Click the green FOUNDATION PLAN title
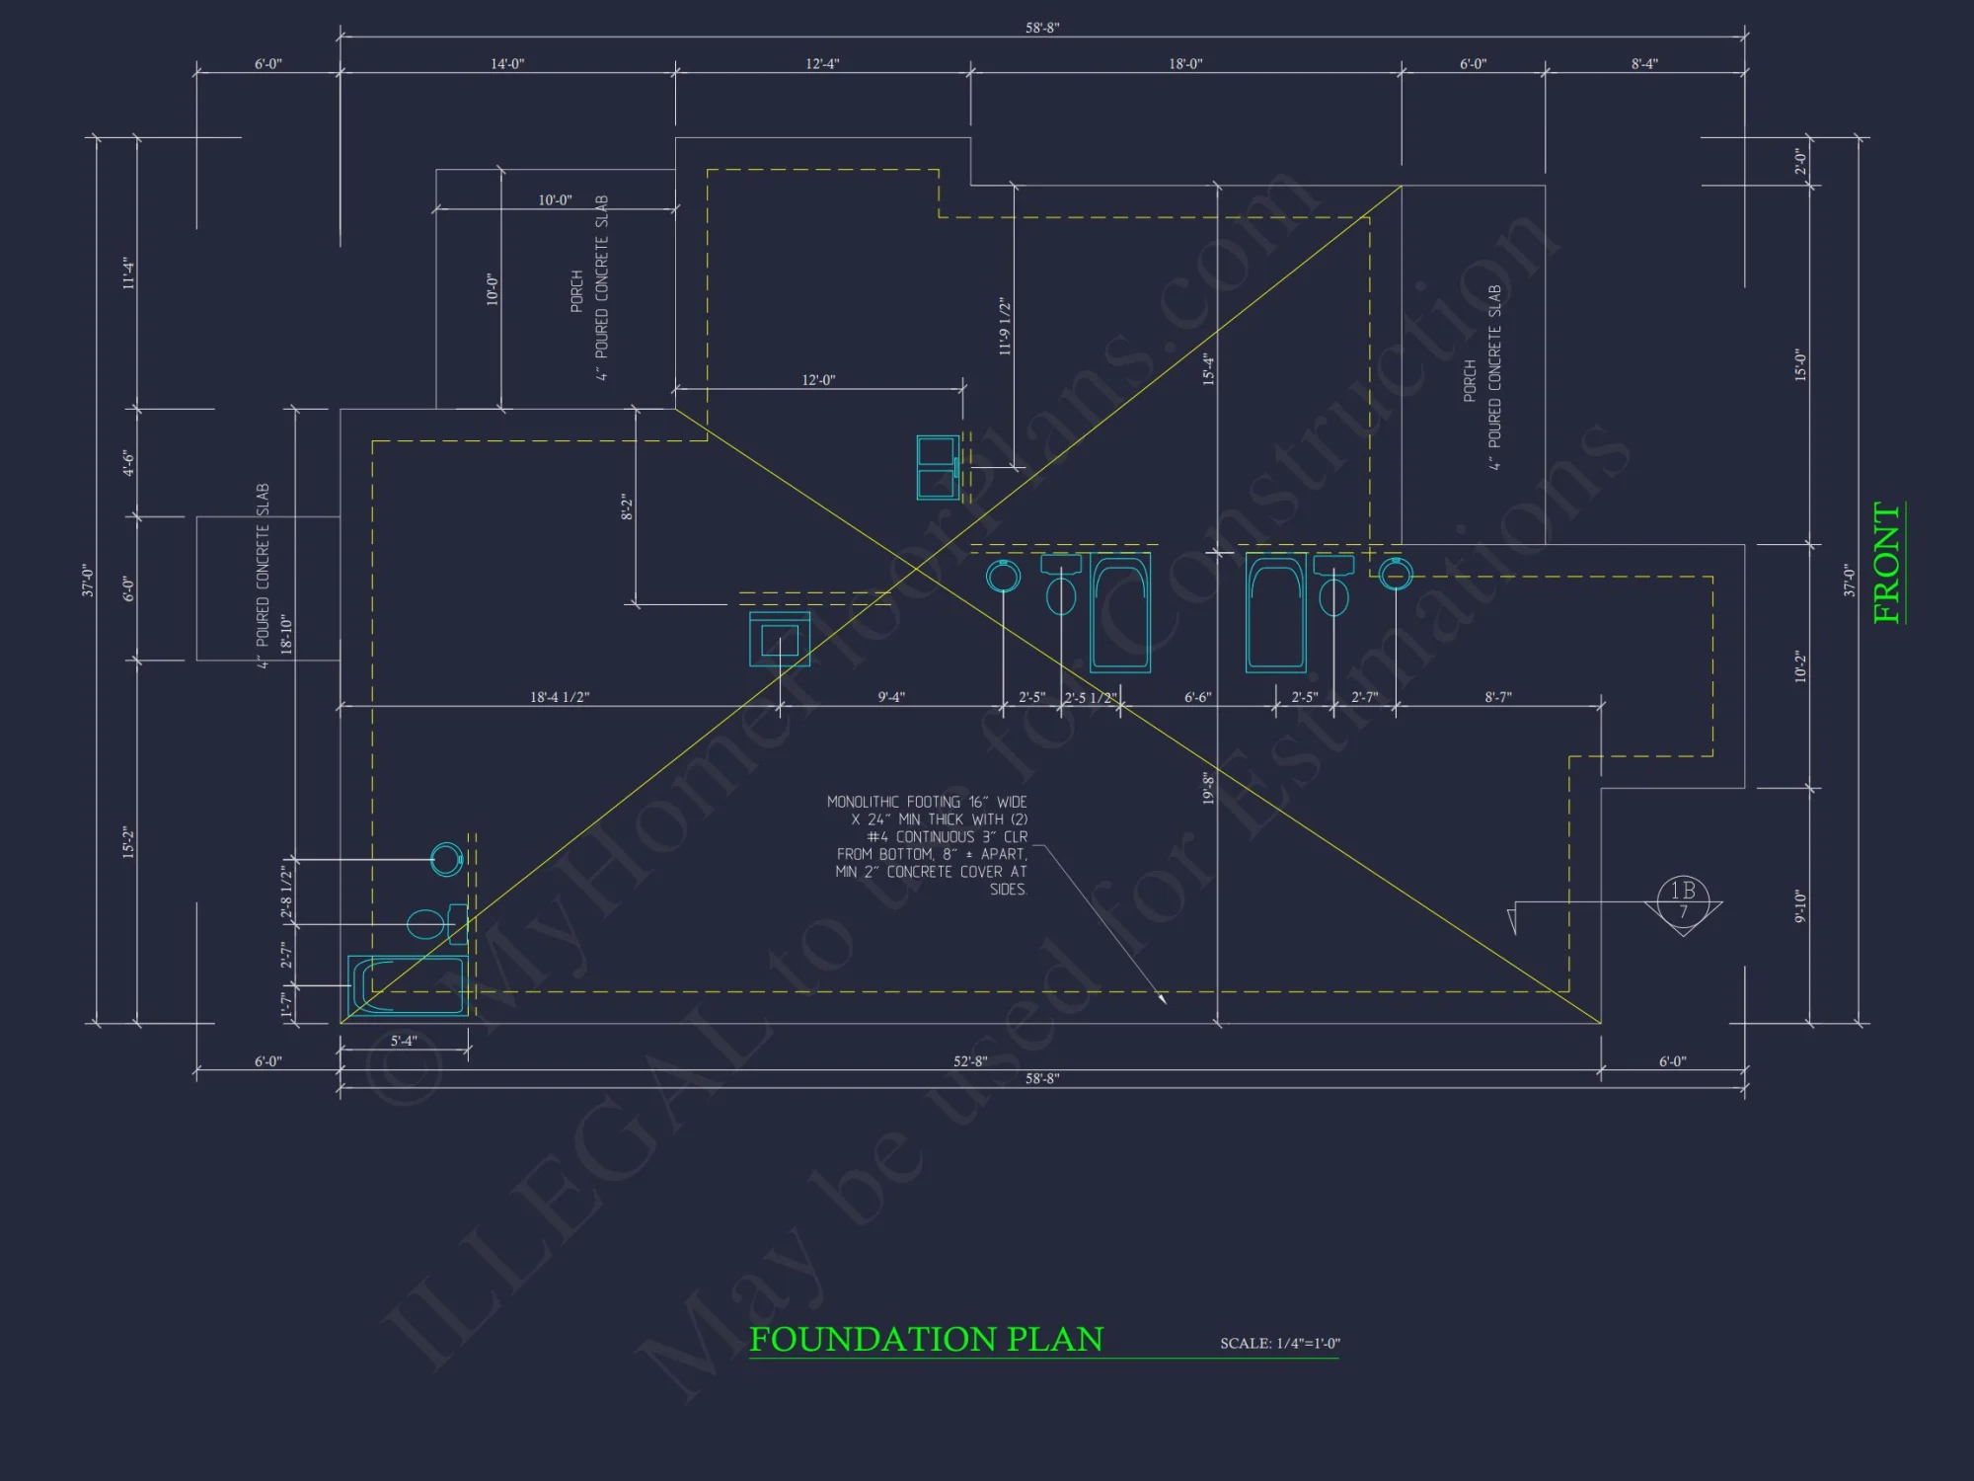926,1339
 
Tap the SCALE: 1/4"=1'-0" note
1279,1343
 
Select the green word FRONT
1886,563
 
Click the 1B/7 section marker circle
1683,900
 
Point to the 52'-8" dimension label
969,1061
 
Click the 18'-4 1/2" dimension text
560,697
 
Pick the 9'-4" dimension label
891,697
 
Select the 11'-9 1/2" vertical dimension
1005,326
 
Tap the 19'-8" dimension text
1208,789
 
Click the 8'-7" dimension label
1498,697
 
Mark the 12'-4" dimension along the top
822,64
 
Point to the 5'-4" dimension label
404,1041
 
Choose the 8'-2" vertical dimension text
626,507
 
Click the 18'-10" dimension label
286,634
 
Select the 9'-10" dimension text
1800,906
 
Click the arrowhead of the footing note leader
1164,1000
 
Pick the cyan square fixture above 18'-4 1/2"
780,639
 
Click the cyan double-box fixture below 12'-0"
936,467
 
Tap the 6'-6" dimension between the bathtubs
1197,697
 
